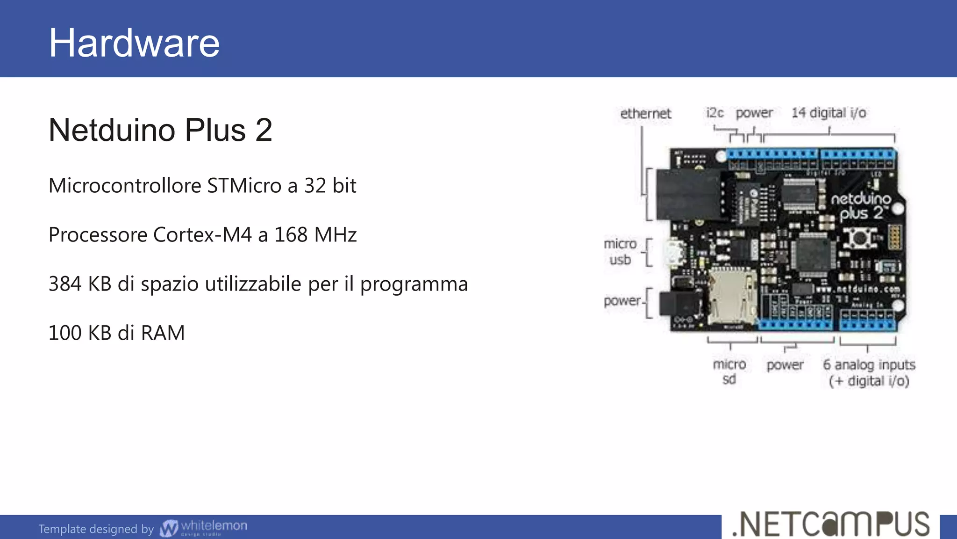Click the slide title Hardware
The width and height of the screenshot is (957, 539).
[134, 43]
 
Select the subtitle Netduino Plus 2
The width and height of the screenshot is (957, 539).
[160, 130]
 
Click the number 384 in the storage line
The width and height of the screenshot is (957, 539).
[65, 284]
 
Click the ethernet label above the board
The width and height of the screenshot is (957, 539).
[645, 114]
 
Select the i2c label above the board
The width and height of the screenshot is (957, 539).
[714, 113]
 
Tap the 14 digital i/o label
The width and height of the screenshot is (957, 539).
[828, 113]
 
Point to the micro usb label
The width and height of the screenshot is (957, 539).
[620, 252]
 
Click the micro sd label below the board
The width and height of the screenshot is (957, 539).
[729, 371]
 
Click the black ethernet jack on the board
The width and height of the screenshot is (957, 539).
[688, 195]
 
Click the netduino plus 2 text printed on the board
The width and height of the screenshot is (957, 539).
[861, 206]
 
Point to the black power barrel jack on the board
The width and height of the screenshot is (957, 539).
[678, 304]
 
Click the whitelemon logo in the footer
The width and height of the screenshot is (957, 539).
[204, 528]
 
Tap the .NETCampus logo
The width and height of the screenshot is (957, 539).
[831, 524]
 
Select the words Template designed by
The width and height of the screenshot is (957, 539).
[96, 529]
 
